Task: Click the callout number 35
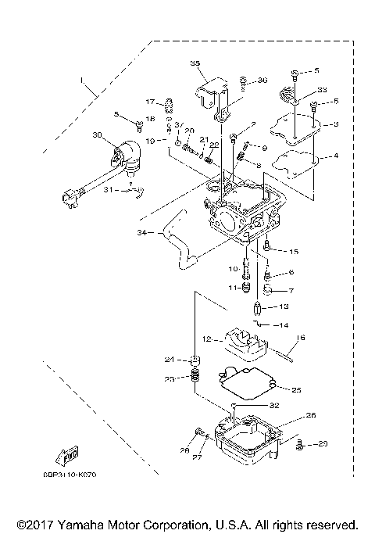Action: pos(195,63)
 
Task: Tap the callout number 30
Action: pos(97,135)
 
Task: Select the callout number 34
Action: pos(141,232)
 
